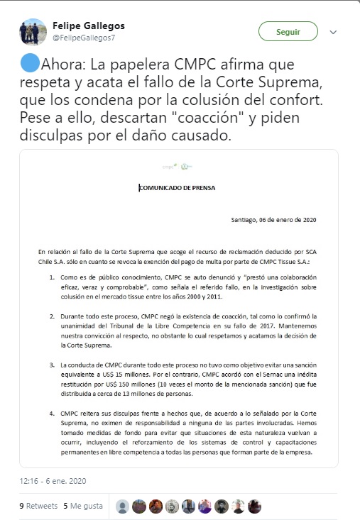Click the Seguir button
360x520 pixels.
(288, 32)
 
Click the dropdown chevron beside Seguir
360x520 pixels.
(333, 32)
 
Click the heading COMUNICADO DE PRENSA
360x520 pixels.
(177, 188)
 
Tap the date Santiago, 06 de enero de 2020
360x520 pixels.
(273, 219)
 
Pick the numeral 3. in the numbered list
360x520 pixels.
(52, 365)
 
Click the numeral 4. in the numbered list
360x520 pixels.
(52, 413)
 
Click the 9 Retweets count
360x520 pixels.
(38, 506)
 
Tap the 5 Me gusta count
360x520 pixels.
(83, 506)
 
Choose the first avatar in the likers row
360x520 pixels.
(123, 507)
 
